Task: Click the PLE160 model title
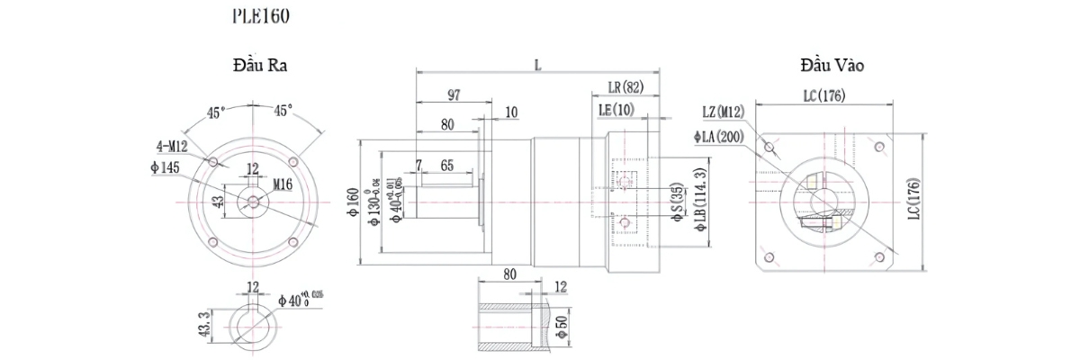[261, 16]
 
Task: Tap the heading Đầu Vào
[832, 66]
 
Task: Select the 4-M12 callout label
[171, 145]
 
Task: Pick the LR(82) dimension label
[626, 87]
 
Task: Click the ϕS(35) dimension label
[676, 202]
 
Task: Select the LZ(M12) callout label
[723, 111]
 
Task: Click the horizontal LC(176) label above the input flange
[823, 96]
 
